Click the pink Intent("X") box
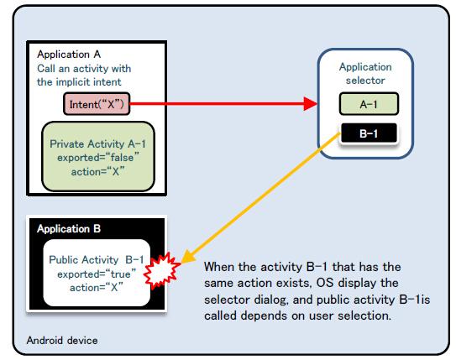coord(97,104)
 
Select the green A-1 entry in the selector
coord(369,104)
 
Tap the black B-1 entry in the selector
coord(369,133)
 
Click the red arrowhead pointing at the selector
coord(311,104)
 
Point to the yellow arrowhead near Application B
coord(188,256)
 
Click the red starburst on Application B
coord(162,271)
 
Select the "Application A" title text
coord(69,55)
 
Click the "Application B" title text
coord(69,229)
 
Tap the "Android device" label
coord(62,340)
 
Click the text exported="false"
coord(98,158)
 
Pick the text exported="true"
coord(97,274)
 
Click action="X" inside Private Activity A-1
coord(97,171)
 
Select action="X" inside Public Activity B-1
coord(97,288)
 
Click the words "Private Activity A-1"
coord(97,143)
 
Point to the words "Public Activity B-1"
coord(97,260)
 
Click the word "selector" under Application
coord(365,81)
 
